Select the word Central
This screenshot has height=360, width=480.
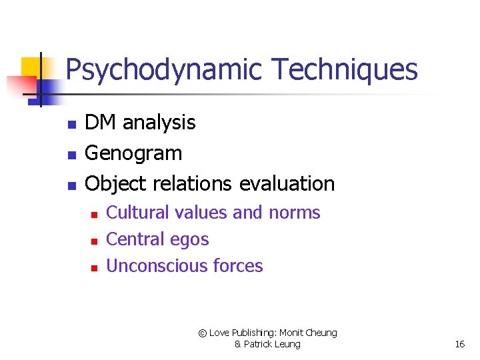coord(135,239)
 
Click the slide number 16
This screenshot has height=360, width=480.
coord(459,344)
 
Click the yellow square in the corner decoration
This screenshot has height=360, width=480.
coord(30,67)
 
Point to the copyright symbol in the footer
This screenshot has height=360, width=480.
coord(203,333)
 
